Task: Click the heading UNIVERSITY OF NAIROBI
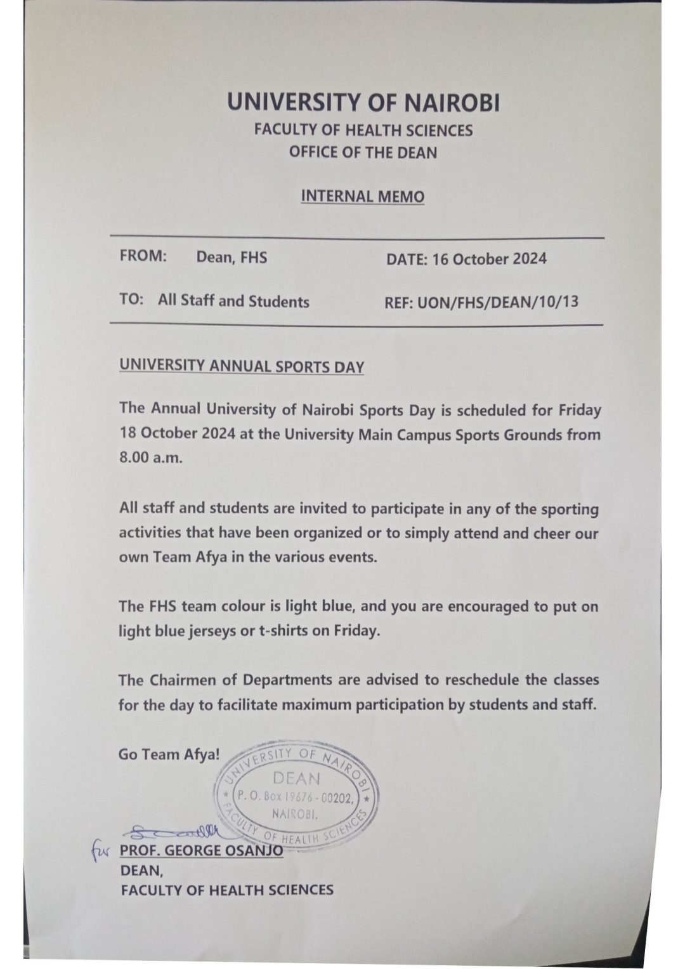[363, 103]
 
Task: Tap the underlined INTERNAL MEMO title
[362, 196]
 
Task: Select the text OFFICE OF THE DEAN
[363, 152]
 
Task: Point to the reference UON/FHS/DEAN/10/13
[498, 301]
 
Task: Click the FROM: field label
[143, 256]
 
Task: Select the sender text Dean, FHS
[232, 257]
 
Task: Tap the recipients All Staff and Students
[233, 301]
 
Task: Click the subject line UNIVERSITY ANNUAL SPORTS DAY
[241, 367]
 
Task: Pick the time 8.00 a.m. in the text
[150, 458]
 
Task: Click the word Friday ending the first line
[579, 410]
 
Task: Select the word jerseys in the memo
[211, 631]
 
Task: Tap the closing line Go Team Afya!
[169, 755]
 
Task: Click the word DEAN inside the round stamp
[296, 778]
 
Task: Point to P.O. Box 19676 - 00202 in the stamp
[296, 798]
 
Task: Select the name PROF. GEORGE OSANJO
[201, 850]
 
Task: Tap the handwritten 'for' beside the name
[100, 849]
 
